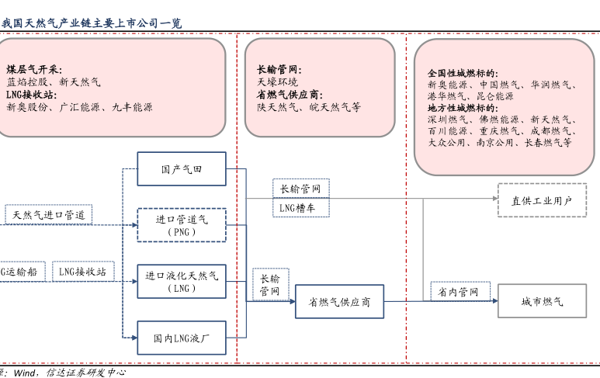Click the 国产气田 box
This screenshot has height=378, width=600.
coord(182,168)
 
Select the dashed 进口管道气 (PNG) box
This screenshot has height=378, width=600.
coord(182,225)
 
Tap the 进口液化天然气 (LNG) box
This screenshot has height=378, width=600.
coord(182,282)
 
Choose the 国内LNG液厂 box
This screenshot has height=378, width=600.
coord(182,338)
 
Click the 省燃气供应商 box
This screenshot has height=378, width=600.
coord(340,301)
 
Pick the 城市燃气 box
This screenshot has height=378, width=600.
coord(542,301)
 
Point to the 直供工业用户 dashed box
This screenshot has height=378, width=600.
coord(542,200)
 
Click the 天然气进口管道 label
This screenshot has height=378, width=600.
coord(48,214)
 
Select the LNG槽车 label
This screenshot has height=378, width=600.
coord(300,207)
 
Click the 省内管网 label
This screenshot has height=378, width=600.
coord(454,292)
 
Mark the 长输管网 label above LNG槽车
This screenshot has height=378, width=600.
coord(300,189)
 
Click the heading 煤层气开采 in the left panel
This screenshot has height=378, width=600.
coord(34,70)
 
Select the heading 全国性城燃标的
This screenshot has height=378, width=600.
coord(463,73)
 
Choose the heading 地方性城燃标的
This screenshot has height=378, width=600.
coord(463,108)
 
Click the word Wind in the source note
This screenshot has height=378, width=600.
coord(26,373)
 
